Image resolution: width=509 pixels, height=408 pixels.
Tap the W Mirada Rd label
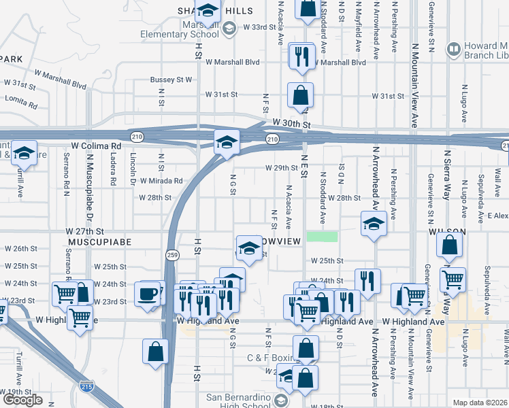point(161,181)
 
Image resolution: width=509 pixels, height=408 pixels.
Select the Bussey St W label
point(171,80)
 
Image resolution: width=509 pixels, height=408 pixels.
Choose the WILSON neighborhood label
point(446,232)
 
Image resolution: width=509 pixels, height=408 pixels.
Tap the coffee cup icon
point(148,294)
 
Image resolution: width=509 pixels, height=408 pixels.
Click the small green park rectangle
point(322,237)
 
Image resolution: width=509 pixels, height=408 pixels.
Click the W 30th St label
point(291,125)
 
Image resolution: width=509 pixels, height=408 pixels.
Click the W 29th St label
point(281,168)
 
